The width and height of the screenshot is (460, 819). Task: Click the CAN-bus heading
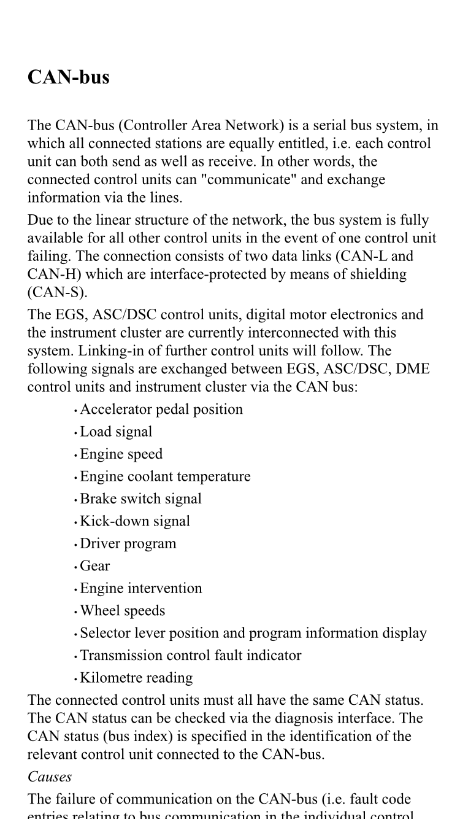[69, 77]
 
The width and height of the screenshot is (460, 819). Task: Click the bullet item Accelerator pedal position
[161, 409]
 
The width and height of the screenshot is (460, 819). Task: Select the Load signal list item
[116, 432]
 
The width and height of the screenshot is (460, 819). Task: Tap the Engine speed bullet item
[121, 454]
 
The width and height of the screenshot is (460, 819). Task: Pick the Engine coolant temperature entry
[165, 477]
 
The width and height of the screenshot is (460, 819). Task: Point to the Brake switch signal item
[140, 499]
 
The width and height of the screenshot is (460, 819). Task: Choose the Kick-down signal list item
[135, 521]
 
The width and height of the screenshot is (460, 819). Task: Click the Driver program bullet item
[128, 544]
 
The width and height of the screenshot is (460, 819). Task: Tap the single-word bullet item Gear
[95, 566]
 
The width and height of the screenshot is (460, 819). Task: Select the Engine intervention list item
[140, 589]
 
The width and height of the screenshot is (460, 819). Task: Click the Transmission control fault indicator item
[191, 656]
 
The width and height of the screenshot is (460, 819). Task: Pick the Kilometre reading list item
[136, 678]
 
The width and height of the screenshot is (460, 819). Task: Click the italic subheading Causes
[50, 777]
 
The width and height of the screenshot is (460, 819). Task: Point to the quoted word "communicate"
[238, 180]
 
